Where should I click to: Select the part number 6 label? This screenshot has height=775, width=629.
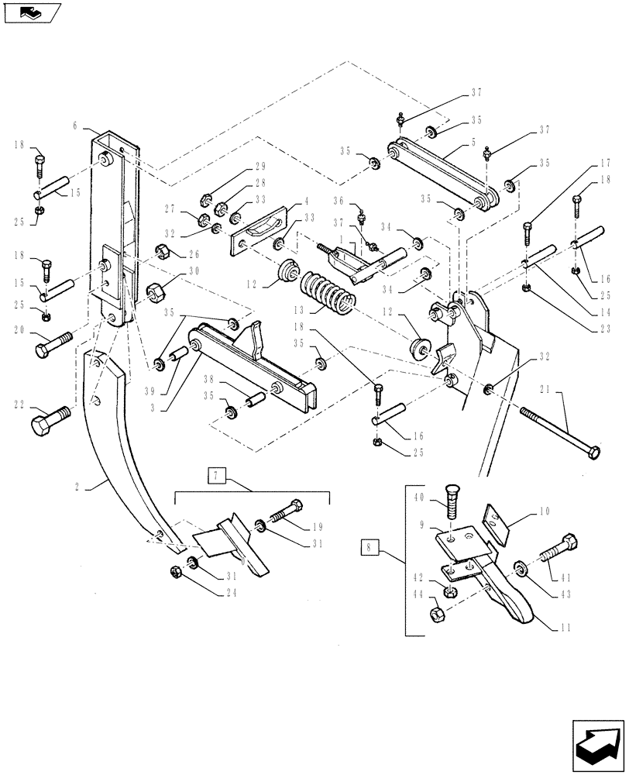pos(75,124)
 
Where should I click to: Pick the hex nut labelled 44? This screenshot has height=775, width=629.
pos(436,616)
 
